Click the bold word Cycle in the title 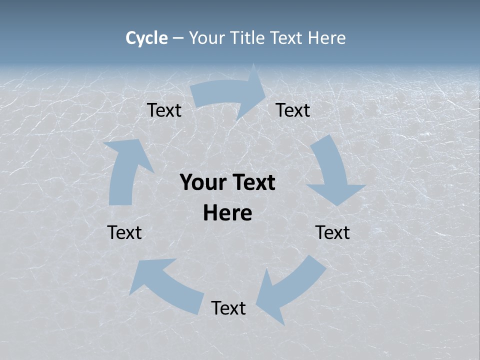pos(146,38)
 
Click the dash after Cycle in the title pos(178,38)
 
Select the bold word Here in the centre pos(227,213)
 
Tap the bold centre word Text pos(253,183)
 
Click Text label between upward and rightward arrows pos(164,110)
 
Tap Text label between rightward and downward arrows pos(293,110)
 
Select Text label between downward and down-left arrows pos(332,232)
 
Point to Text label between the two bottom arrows pos(228,308)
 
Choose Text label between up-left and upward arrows pos(124,232)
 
